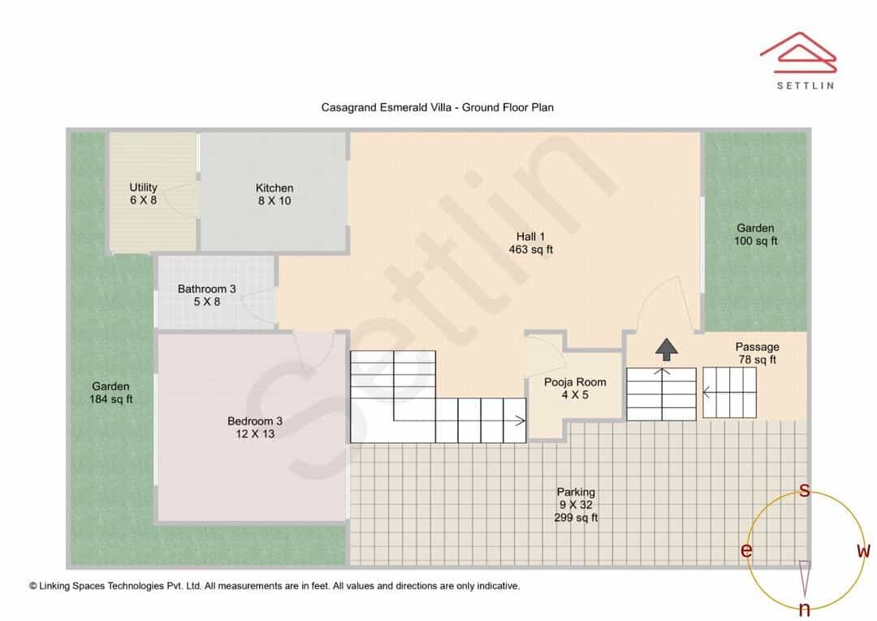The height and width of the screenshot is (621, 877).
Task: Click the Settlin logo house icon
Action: (x=798, y=53)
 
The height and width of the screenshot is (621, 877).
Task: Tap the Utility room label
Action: (x=143, y=193)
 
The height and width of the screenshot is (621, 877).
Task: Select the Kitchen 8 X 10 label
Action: (x=274, y=194)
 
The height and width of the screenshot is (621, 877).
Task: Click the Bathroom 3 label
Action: (x=207, y=295)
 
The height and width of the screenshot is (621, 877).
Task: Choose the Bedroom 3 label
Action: (x=255, y=428)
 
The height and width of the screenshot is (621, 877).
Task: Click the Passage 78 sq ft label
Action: (x=758, y=354)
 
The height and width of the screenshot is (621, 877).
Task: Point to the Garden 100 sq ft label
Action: (x=756, y=234)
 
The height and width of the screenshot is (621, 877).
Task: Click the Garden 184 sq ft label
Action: (x=110, y=393)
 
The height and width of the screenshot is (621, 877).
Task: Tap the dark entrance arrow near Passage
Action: (x=666, y=350)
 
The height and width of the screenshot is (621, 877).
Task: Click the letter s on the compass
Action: (x=804, y=490)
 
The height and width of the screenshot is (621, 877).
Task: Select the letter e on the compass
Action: (x=746, y=550)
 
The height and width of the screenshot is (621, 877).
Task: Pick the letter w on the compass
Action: (x=863, y=550)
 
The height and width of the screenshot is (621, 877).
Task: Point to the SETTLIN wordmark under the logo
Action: (x=806, y=85)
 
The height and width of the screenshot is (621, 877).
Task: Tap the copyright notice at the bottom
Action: (x=274, y=586)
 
